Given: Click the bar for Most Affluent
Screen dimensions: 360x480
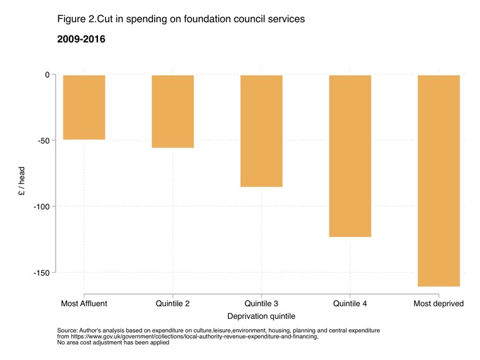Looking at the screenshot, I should (x=84, y=107).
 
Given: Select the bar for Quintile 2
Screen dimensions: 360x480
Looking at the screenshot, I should (x=173, y=111).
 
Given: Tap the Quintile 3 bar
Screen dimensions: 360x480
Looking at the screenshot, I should (x=261, y=130).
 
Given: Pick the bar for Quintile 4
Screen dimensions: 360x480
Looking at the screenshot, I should (x=350, y=156).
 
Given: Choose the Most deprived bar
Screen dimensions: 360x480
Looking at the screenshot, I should (x=438, y=180).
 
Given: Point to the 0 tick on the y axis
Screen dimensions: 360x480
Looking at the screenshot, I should (x=46, y=75).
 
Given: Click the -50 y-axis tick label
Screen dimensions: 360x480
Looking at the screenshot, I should (x=42, y=140).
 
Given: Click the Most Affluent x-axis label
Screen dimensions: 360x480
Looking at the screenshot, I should (x=84, y=304).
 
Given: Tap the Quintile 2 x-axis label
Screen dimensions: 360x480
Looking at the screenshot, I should (x=173, y=304).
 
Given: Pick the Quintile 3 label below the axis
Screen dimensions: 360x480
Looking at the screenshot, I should (x=261, y=304).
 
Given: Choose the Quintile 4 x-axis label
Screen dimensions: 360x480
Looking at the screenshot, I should (x=350, y=304).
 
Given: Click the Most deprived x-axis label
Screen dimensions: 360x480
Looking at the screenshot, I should (x=438, y=304).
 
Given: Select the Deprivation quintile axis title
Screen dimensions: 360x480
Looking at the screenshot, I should (x=261, y=316).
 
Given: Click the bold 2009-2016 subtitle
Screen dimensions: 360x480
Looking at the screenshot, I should (x=81, y=39).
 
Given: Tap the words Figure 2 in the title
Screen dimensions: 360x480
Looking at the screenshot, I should (x=76, y=19).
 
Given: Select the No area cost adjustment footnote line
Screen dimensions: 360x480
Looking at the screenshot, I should (x=113, y=342).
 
